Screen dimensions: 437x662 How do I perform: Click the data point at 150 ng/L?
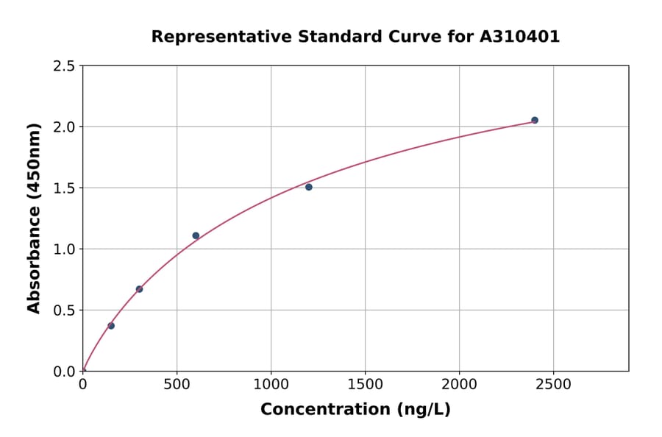[111, 325]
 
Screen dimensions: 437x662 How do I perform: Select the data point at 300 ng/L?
[139, 289]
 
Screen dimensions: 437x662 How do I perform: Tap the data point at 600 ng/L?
[196, 235]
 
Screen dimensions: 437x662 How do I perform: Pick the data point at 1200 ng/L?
[309, 187]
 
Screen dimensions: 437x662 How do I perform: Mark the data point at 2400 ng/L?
[535, 120]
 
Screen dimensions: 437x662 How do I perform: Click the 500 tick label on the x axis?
[177, 384]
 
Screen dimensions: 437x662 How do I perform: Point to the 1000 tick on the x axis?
[271, 384]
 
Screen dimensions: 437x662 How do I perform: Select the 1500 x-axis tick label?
[365, 384]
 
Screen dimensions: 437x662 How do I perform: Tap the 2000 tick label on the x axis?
[459, 384]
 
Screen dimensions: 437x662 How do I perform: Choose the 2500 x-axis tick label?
[553, 384]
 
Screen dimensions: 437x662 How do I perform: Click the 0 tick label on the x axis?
[82, 384]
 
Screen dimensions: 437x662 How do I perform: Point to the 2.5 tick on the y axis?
[64, 66]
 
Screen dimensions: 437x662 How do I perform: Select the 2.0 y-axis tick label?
[64, 127]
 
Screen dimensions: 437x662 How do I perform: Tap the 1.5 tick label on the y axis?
[64, 188]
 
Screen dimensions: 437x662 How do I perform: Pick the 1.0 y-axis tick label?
[64, 249]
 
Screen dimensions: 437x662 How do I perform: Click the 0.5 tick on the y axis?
[64, 310]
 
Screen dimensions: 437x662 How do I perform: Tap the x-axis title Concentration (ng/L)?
[355, 409]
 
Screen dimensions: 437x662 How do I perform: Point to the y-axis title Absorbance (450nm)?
[34, 218]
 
